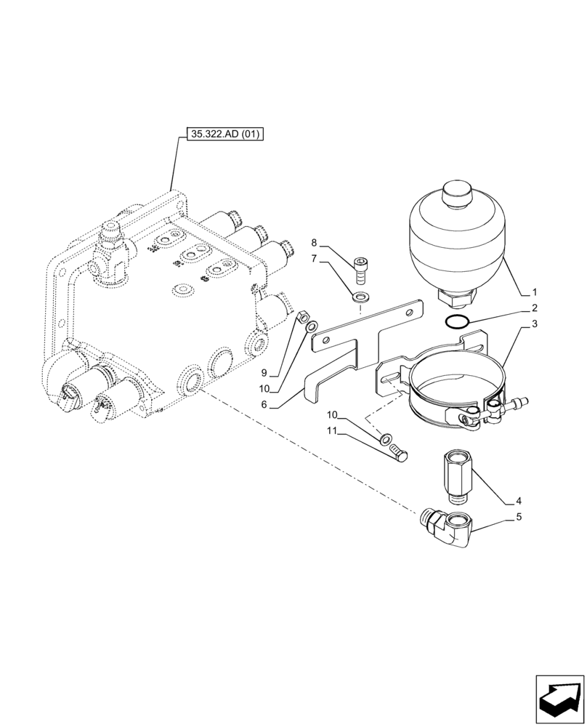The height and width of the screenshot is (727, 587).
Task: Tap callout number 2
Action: click(533, 308)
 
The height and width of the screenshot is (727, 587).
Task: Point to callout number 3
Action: click(533, 325)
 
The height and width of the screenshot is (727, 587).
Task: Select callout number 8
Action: click(315, 241)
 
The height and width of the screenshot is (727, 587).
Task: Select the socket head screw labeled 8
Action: click(361, 270)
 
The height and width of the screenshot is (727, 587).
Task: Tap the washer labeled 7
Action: click(360, 297)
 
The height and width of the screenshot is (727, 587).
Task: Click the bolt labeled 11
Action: click(397, 453)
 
